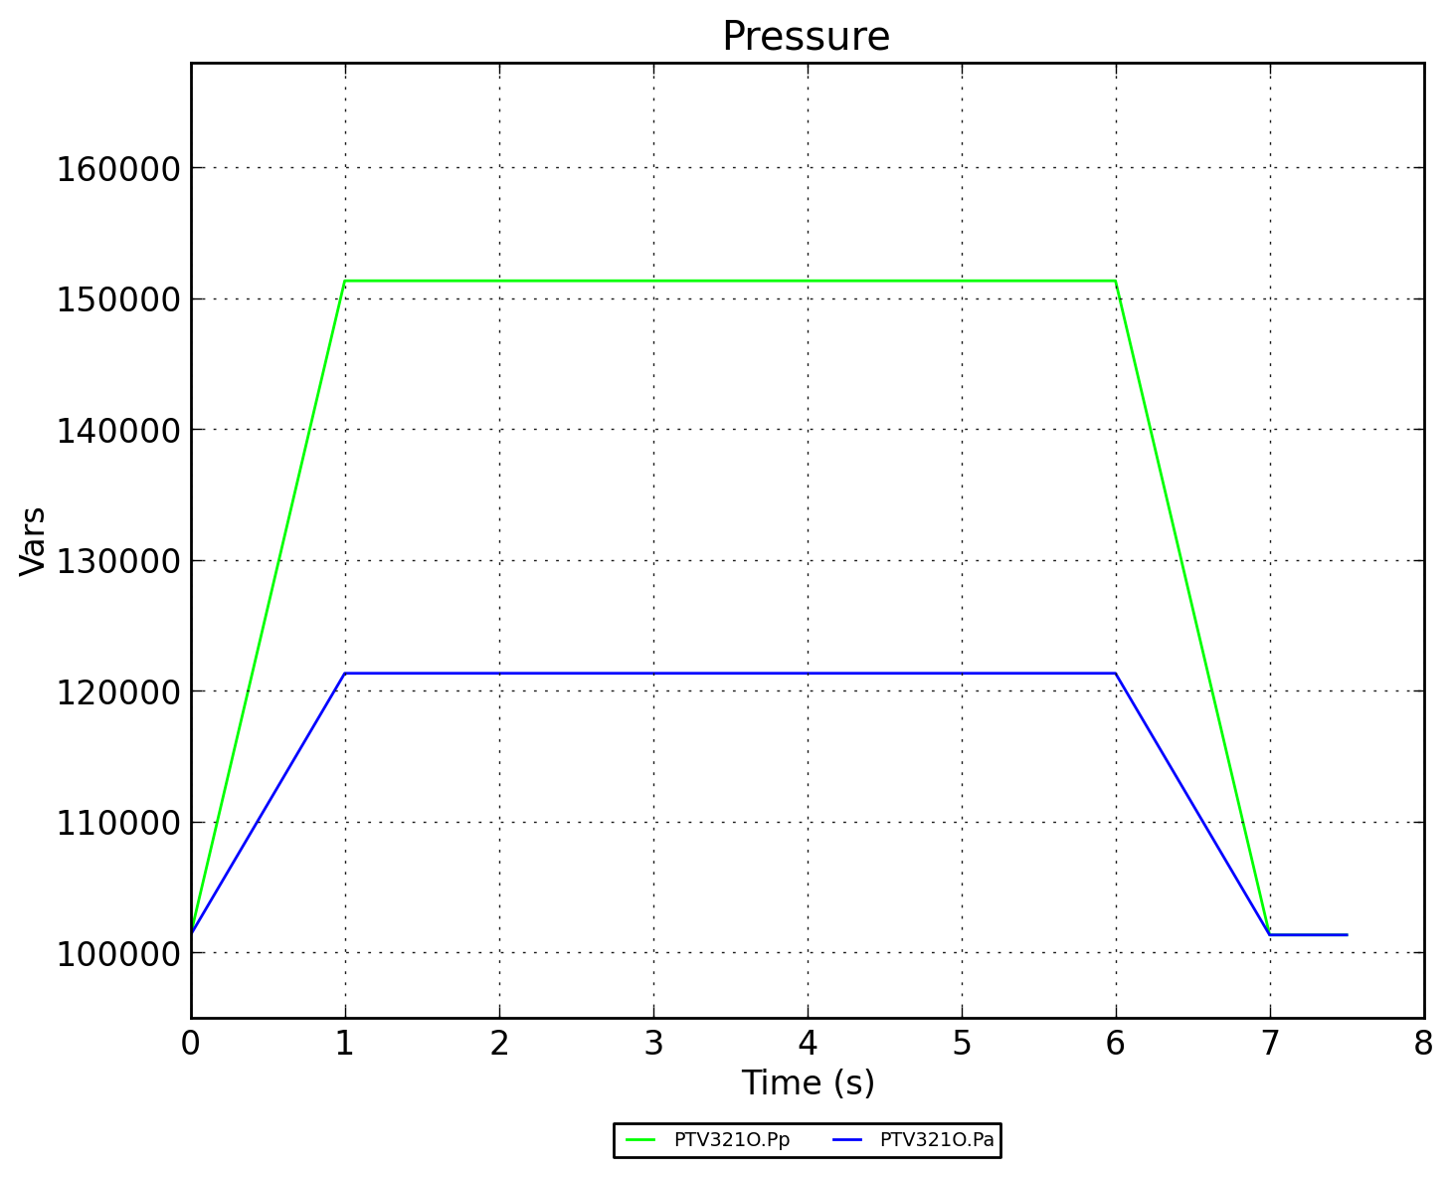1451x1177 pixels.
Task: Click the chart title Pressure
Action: (806, 37)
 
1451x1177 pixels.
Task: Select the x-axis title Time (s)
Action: (808, 1082)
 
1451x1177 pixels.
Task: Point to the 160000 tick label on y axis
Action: (117, 168)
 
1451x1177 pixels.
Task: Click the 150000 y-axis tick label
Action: (117, 299)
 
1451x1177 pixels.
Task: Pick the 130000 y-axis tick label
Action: (117, 561)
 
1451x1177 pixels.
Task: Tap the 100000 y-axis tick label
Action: (117, 953)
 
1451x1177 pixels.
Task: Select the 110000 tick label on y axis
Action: (117, 823)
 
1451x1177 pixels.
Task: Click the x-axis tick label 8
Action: (1423, 1044)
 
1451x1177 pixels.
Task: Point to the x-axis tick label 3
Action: (653, 1044)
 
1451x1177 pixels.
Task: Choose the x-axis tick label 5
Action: (962, 1044)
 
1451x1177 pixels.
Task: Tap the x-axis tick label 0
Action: (191, 1044)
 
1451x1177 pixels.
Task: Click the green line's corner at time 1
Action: (345, 281)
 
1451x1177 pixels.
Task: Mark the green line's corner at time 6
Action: (1115, 281)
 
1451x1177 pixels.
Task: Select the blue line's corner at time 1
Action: (345, 674)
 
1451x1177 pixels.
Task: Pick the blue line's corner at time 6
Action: (1115, 674)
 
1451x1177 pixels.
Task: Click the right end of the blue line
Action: (1347, 935)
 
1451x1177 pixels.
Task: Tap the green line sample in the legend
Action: (641, 1140)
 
